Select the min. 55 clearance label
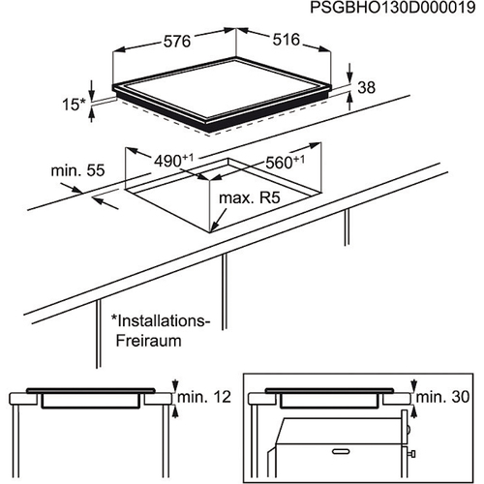tap(78, 171)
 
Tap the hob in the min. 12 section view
tap(91, 399)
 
